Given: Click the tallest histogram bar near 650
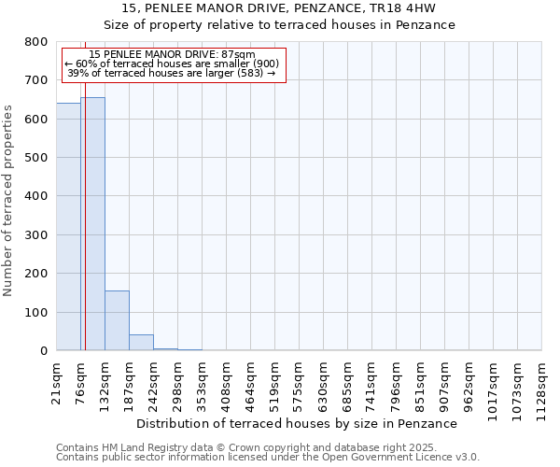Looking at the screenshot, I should [x=92, y=224].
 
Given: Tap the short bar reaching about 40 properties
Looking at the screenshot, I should [x=141, y=342].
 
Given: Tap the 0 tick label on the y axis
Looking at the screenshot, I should [x=43, y=351].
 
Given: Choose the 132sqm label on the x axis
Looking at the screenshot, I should [x=105, y=383].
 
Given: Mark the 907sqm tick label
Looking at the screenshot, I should [x=445, y=383].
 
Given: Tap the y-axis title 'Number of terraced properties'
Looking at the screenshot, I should [x=8, y=200].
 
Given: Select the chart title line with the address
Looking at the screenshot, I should [x=279, y=8].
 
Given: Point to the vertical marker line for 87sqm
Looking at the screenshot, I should [x=85, y=233].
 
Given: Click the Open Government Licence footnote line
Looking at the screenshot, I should [x=267, y=458].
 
